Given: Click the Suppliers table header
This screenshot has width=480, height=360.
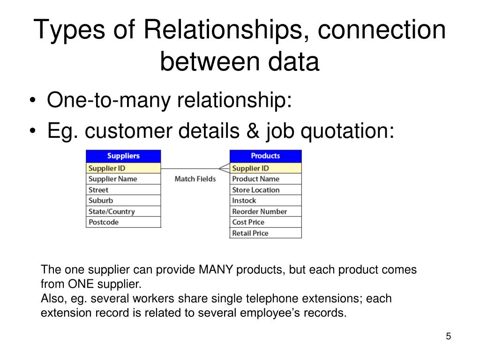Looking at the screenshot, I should [123, 156].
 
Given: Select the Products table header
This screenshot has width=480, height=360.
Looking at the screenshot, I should [265, 156].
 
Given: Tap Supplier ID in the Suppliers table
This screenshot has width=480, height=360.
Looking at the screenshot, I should [123, 168].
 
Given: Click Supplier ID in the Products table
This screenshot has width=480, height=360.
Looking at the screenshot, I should [265, 168].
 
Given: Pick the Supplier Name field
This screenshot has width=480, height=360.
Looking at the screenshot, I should [123, 179].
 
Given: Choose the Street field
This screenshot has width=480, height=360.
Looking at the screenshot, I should [123, 190].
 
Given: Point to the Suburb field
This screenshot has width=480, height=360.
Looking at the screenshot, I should [123, 201].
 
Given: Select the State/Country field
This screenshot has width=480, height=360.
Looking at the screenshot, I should [123, 211].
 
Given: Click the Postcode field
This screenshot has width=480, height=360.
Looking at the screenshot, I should [123, 222].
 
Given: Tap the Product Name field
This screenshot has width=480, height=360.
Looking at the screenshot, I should [265, 179].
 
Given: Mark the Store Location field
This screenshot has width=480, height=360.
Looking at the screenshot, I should [265, 190].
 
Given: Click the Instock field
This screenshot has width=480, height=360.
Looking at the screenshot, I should [265, 201].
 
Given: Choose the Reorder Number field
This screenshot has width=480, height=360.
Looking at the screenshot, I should [265, 211].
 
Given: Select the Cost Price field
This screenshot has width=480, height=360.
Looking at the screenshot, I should [265, 222].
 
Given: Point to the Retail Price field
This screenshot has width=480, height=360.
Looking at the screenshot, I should [265, 233].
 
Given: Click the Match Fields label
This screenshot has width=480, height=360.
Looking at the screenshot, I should [195, 179].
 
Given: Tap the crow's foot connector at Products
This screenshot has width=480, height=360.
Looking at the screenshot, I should [224, 168].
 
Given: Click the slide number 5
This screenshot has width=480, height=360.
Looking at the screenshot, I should [448, 337].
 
